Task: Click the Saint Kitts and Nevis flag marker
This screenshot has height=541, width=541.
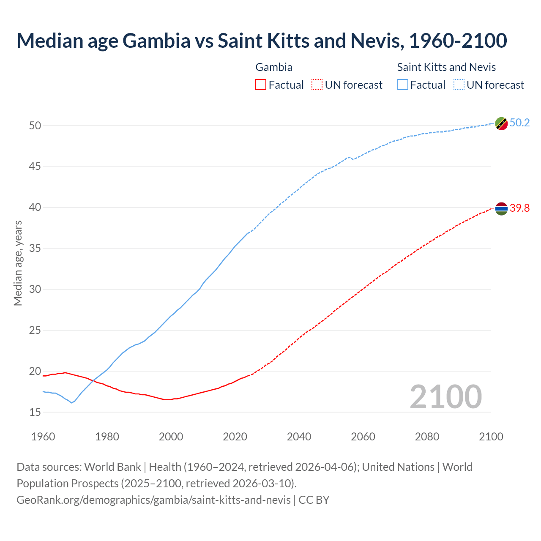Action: click(501, 124)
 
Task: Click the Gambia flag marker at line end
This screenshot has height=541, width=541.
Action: click(501, 209)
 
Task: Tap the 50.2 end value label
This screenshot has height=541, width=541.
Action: click(519, 123)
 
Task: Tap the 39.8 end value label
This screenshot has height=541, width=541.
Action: click(519, 208)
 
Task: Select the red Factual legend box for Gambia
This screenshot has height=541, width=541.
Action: click(261, 85)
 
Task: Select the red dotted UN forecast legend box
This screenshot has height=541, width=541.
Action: click(317, 85)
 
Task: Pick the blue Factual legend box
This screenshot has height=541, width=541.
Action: click(403, 85)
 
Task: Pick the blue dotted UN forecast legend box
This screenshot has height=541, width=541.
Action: click(459, 85)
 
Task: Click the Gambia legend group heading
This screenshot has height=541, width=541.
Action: click(274, 67)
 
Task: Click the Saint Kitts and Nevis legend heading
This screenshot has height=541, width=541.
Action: click(446, 67)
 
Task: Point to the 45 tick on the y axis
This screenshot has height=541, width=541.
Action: click(35, 167)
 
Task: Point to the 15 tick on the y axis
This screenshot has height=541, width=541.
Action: click(35, 412)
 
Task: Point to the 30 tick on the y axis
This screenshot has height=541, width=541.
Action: click(35, 290)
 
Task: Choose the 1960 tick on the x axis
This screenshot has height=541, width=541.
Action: click(43, 437)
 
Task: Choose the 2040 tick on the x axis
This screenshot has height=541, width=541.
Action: click(299, 437)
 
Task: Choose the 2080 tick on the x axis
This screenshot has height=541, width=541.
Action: click(427, 437)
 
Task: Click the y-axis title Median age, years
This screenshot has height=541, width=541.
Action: click(18, 263)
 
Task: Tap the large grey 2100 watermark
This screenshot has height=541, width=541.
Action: click(445, 397)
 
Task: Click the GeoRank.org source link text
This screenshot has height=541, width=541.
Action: click(153, 500)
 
